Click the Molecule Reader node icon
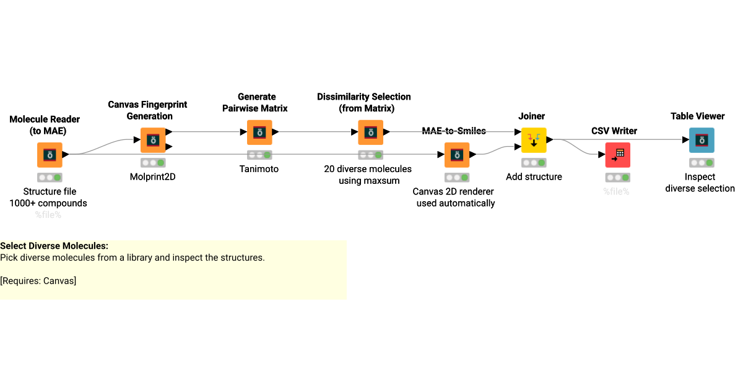point(50,155)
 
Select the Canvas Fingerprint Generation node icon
point(153,140)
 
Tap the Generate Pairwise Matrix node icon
point(259,132)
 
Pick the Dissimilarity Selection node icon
point(370,132)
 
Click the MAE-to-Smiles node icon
point(457,155)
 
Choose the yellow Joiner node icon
point(534,140)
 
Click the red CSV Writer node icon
point(617,155)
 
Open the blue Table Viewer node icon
point(702,140)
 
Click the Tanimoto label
point(259,169)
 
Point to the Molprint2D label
point(153,176)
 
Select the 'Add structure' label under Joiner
point(534,176)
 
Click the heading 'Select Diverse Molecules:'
point(54,246)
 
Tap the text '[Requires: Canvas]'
point(38,280)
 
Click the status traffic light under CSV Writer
point(617,178)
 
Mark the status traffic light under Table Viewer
point(702,163)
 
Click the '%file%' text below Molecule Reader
point(48,215)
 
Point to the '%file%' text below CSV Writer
point(617,191)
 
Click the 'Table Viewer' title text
point(698,116)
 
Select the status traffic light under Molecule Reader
point(50,178)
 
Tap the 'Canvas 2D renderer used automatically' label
point(456,197)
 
